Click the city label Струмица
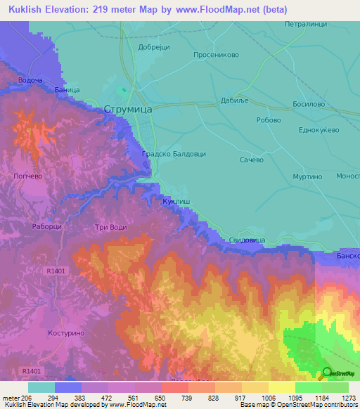(x=127, y=109)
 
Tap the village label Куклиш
(x=174, y=201)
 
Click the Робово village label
(x=269, y=119)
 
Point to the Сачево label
(x=251, y=160)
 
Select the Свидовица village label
(x=247, y=240)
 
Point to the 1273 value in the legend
(x=349, y=398)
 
